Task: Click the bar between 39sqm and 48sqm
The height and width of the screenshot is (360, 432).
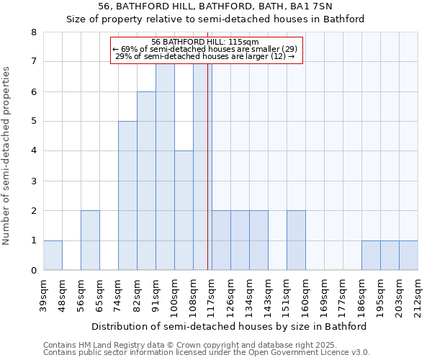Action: (x=53, y=255)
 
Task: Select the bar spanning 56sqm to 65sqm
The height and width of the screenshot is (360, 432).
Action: (x=90, y=240)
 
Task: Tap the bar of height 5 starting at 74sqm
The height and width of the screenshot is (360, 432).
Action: (x=127, y=195)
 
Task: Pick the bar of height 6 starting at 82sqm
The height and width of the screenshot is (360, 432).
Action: (x=146, y=181)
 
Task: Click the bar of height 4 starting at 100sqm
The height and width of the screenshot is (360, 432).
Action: (x=184, y=210)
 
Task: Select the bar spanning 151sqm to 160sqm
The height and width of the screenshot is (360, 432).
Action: (x=296, y=240)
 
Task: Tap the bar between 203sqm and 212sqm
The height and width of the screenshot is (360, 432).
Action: (x=408, y=255)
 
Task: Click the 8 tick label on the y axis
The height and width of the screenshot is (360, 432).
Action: (x=33, y=32)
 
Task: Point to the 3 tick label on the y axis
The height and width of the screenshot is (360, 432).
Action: (x=33, y=181)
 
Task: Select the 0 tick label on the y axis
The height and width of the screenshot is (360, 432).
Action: (x=33, y=270)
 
